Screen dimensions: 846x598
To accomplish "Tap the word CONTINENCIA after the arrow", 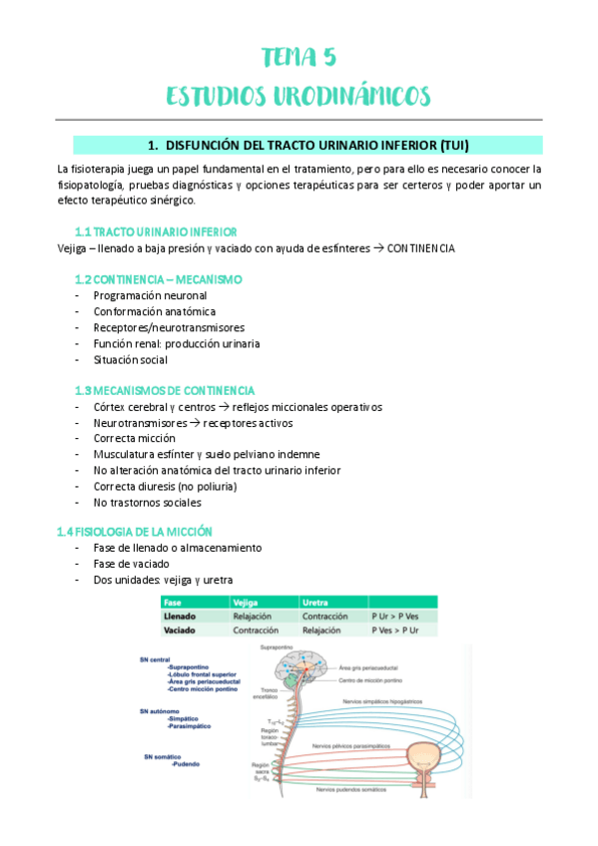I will (419, 247).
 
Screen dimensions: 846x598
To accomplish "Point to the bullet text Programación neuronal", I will (150, 296).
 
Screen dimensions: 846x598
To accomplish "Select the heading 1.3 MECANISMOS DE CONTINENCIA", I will (165, 391).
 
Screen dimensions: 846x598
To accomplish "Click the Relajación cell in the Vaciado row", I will (322, 632).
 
